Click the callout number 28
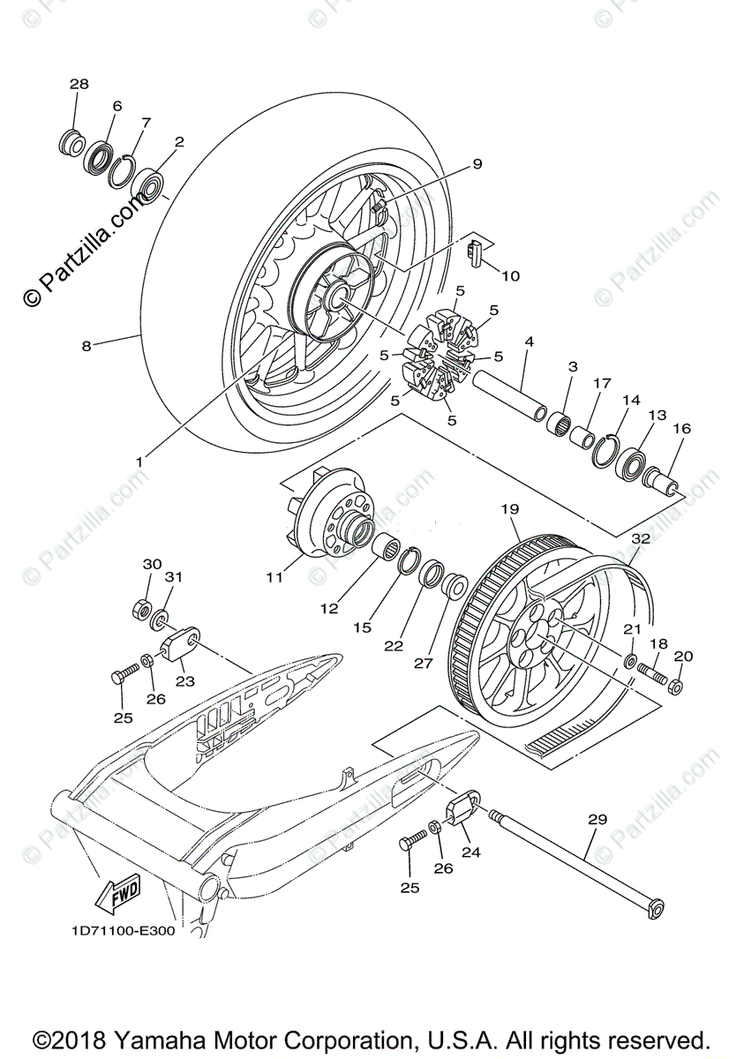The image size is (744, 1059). point(79,84)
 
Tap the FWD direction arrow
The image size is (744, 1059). point(115,895)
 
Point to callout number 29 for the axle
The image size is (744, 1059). point(597,820)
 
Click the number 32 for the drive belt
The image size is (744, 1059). point(641,537)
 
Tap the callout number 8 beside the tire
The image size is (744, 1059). point(86,346)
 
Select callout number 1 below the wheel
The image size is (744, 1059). point(139,461)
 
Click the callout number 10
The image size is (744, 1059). point(510,275)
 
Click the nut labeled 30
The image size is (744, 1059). point(139,609)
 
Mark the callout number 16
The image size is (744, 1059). point(682,429)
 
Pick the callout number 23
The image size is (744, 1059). point(184,680)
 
